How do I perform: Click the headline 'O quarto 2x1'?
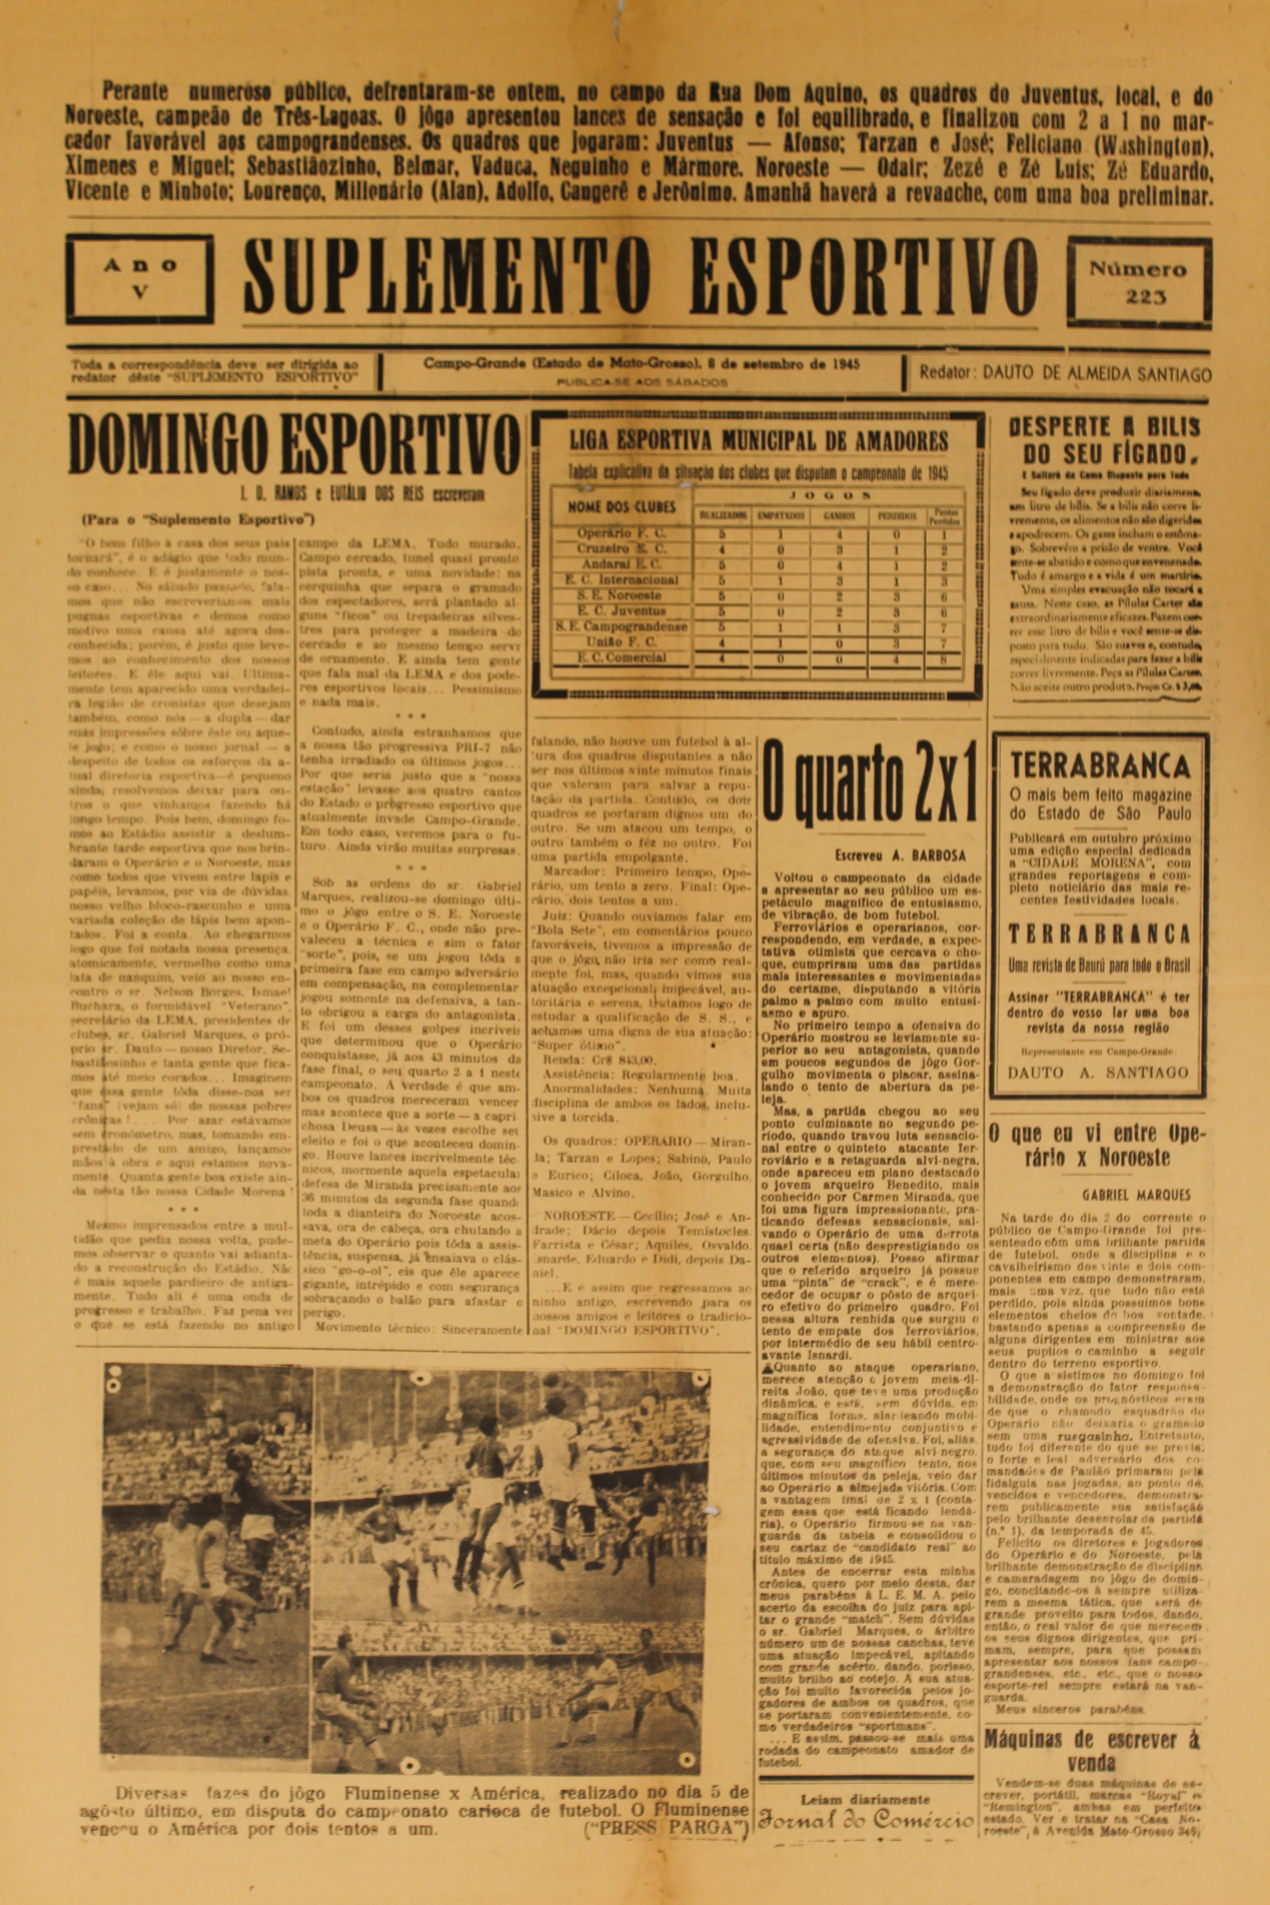[870, 782]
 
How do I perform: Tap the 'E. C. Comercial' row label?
[621, 658]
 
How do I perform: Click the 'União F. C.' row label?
[621, 642]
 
